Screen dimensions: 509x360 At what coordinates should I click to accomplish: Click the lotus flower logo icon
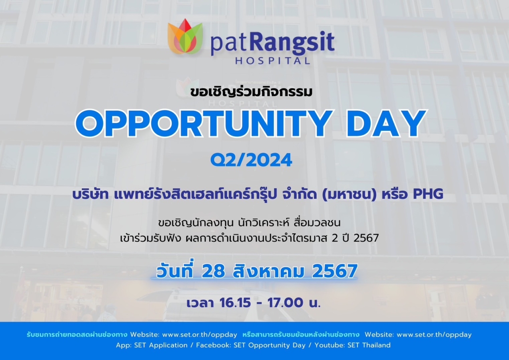point(185,36)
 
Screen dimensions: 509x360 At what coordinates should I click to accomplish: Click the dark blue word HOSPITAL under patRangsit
point(272,61)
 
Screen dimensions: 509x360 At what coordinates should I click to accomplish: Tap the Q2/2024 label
point(251,160)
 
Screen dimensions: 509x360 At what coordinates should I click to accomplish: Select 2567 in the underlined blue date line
point(335,271)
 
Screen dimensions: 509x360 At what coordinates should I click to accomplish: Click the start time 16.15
point(235,303)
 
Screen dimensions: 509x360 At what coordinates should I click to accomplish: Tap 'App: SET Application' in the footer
point(152,345)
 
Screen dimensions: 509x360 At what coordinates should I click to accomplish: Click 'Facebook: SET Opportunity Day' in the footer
point(251,345)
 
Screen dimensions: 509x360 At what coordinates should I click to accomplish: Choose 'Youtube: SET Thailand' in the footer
point(352,345)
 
